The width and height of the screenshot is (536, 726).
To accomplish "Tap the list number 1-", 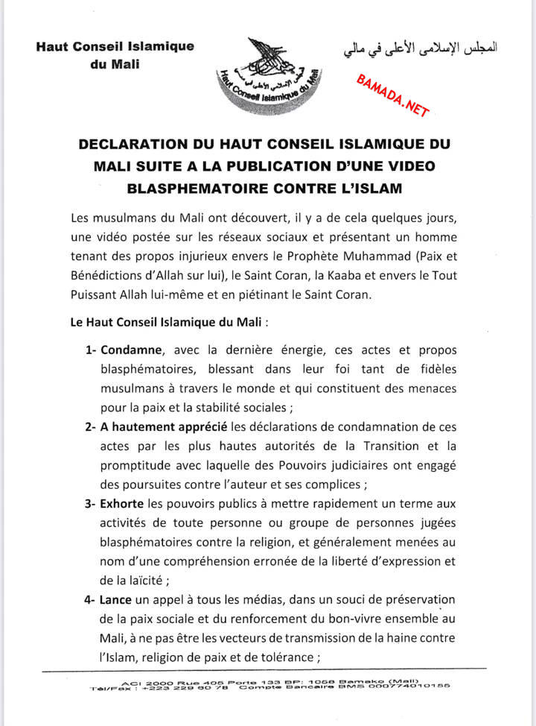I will pyautogui.click(x=89, y=350).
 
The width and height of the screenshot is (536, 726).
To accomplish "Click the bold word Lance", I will pyautogui.click(x=119, y=605).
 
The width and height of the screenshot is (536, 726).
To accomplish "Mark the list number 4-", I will pyautogui.click(x=89, y=605).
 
